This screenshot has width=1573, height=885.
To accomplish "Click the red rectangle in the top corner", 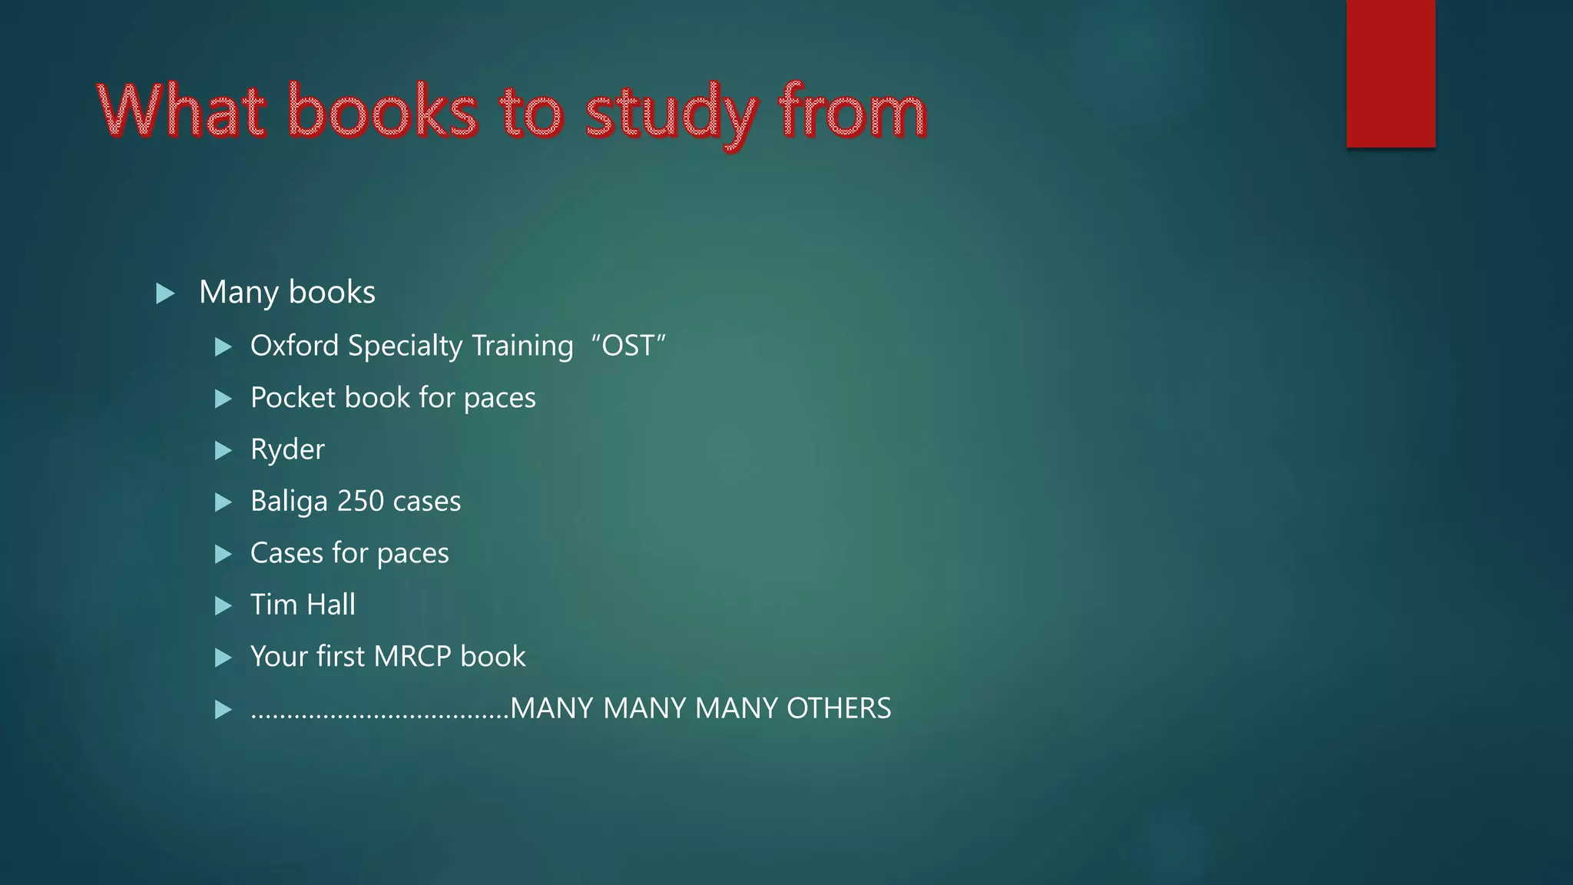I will tap(1390, 73).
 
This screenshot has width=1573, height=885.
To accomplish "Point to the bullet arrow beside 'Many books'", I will tap(165, 293).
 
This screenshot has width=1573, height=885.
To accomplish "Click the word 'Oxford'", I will tap(294, 346).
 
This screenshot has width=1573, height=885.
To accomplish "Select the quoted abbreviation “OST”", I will tap(628, 346).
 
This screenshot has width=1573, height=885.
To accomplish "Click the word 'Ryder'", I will tap(287, 449).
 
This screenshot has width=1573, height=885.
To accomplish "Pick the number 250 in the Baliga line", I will tap(360, 501).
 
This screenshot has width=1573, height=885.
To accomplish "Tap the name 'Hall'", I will tap(330, 605).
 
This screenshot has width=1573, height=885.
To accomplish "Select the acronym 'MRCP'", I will tap(412, 657).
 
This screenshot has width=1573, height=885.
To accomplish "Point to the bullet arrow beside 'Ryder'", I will tap(224, 450).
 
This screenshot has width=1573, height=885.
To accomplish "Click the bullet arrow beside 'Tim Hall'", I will tap(224, 606).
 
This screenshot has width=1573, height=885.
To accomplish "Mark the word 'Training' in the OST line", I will tap(522, 346).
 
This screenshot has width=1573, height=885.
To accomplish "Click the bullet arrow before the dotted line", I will tap(224, 709).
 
